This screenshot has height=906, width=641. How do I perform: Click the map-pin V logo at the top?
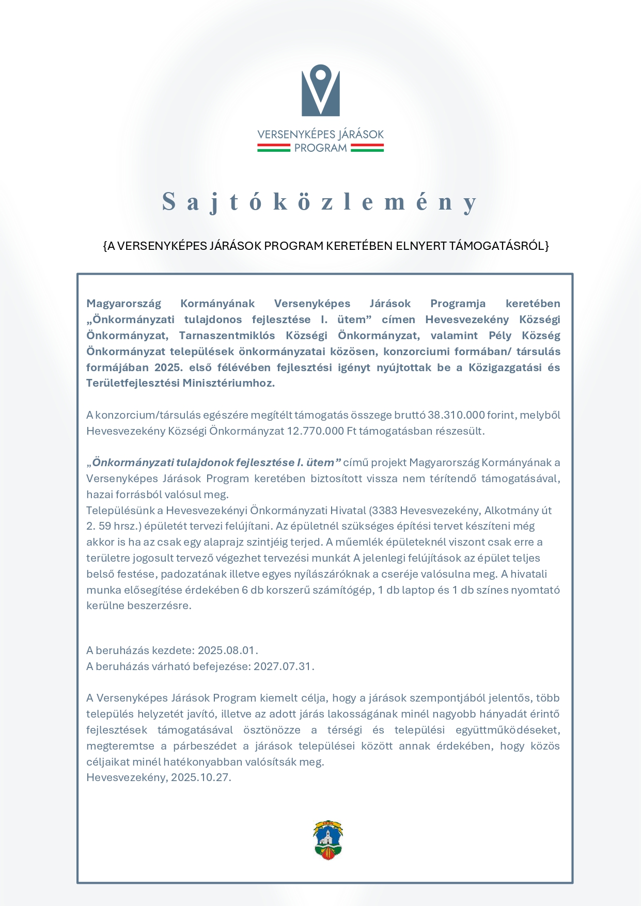click(x=321, y=90)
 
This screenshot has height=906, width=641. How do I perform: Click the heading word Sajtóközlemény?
click(x=320, y=201)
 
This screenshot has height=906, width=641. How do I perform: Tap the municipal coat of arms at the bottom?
click(x=329, y=840)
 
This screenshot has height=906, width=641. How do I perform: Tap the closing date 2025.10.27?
click(x=200, y=777)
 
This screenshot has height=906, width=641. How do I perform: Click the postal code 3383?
click(x=384, y=511)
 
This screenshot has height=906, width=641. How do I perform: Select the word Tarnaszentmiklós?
click(x=227, y=336)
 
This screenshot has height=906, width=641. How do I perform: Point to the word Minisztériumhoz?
click(x=228, y=383)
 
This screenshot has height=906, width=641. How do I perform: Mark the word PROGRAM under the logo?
click(x=320, y=148)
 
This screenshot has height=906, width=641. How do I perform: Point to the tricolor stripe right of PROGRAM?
click(x=367, y=148)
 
